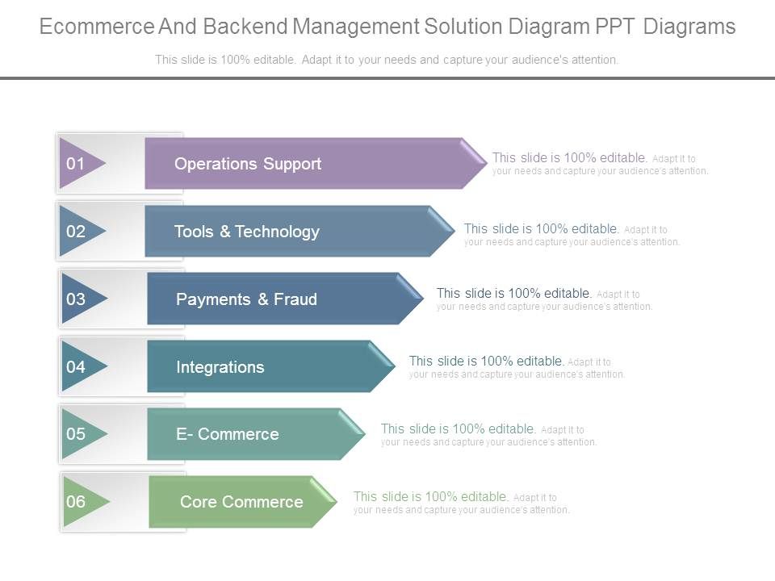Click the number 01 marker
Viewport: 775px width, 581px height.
point(76,164)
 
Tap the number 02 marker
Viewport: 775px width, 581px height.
point(76,232)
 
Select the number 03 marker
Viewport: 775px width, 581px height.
point(76,299)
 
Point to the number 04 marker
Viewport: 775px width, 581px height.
point(76,367)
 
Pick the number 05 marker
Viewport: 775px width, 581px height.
point(76,434)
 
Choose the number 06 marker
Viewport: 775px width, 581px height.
point(76,502)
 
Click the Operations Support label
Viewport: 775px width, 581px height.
point(248,164)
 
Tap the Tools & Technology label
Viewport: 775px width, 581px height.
point(247,232)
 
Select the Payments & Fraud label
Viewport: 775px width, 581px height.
point(246,299)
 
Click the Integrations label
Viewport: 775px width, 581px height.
point(220,367)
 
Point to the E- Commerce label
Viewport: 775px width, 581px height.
point(228,434)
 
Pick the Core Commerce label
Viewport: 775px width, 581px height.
point(241,502)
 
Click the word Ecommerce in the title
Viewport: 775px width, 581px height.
point(95,27)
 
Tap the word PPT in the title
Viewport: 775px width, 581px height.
point(616,27)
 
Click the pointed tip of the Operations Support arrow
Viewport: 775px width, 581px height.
point(486,163)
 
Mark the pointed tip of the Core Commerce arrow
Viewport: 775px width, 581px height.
point(336,502)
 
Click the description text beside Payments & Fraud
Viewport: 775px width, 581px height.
point(544,299)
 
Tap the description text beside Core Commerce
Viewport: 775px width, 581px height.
point(461,502)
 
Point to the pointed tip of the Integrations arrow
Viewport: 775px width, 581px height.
point(395,366)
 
